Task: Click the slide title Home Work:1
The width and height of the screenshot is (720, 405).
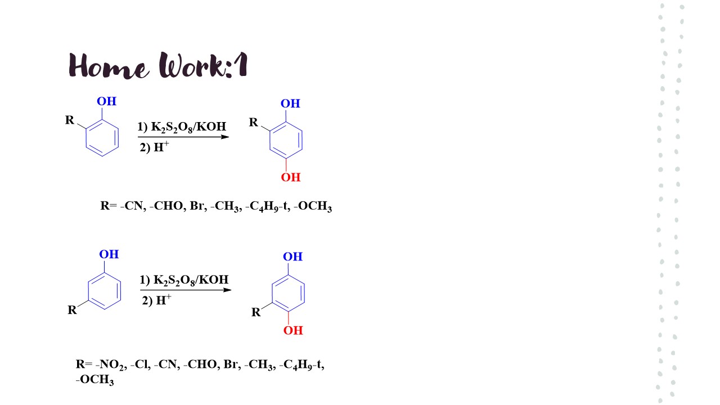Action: tap(158, 65)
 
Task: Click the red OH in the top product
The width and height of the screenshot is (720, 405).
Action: tap(291, 177)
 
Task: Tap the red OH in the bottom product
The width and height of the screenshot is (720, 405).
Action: tap(292, 330)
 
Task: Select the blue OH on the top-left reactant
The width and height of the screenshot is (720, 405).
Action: tap(106, 101)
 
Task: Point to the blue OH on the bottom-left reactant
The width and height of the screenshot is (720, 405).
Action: tap(109, 254)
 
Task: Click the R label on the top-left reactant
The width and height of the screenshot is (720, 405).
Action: tap(70, 120)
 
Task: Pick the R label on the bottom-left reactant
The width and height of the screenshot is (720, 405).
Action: tap(72, 310)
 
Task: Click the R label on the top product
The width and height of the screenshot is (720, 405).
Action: tap(254, 122)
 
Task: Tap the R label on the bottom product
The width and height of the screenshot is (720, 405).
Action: tap(256, 312)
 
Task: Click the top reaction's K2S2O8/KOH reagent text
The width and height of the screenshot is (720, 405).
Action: tap(182, 127)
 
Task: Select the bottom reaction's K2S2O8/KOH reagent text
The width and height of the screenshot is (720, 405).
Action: tap(184, 280)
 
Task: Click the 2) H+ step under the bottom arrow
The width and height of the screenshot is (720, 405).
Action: tap(156, 300)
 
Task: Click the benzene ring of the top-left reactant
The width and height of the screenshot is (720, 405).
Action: tap(102, 138)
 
